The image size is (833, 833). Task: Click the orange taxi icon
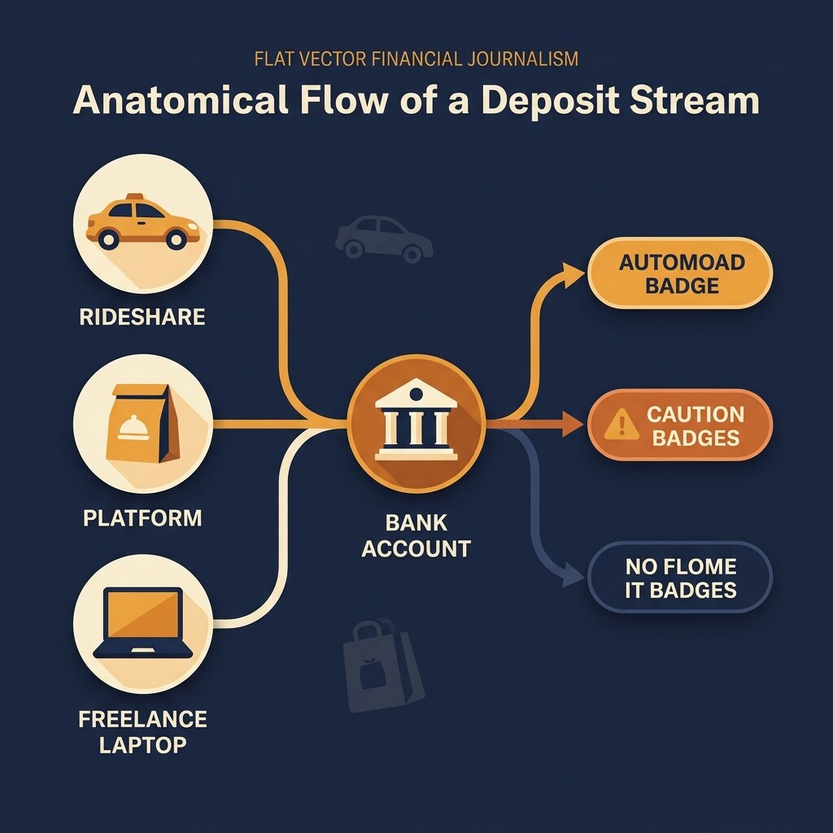point(142,224)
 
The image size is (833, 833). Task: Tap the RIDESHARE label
point(142,317)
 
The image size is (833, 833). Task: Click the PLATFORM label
point(142,517)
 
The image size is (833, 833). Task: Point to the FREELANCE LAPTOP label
point(142,731)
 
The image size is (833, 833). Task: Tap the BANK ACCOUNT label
point(416,535)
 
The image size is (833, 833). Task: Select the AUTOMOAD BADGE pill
point(679,273)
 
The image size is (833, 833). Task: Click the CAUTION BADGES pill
point(679,425)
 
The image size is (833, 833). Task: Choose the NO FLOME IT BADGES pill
point(679,578)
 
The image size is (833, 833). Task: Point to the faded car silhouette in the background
point(384,238)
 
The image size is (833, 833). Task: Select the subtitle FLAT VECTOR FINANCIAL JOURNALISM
point(416,59)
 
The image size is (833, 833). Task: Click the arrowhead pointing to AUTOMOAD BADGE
point(576,274)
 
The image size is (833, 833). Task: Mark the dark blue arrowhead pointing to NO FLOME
point(574,577)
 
